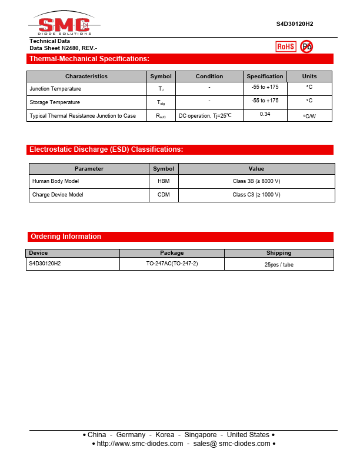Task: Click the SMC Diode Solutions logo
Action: [x=64, y=25]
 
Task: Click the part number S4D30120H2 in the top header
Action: [x=295, y=24]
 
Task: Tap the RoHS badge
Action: [x=286, y=46]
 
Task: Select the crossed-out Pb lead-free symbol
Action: [x=306, y=46]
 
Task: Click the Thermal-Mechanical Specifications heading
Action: [x=89, y=59]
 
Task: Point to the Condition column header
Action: [x=209, y=76]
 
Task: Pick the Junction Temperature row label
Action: [x=55, y=89]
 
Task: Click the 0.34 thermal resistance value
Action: [x=265, y=114]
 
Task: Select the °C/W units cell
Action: [x=309, y=116]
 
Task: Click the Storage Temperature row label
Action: [x=55, y=102]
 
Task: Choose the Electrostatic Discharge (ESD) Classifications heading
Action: [x=106, y=149]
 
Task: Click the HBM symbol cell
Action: [x=164, y=181]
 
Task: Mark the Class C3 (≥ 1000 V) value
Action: [x=256, y=195]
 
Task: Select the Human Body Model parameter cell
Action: [x=55, y=181]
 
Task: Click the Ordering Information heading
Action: [x=66, y=237]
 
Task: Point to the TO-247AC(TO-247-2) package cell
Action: [x=172, y=264]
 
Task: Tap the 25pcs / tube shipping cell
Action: [x=279, y=265]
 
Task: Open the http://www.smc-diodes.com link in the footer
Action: [x=139, y=444]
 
